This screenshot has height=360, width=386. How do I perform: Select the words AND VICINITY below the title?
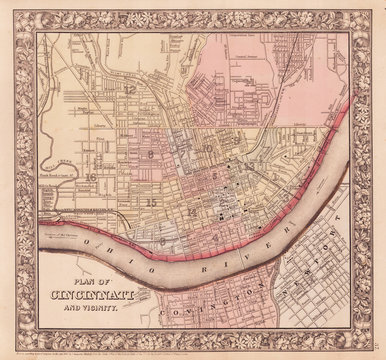pos(95,308)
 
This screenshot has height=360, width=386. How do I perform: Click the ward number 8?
pos(150,155)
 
